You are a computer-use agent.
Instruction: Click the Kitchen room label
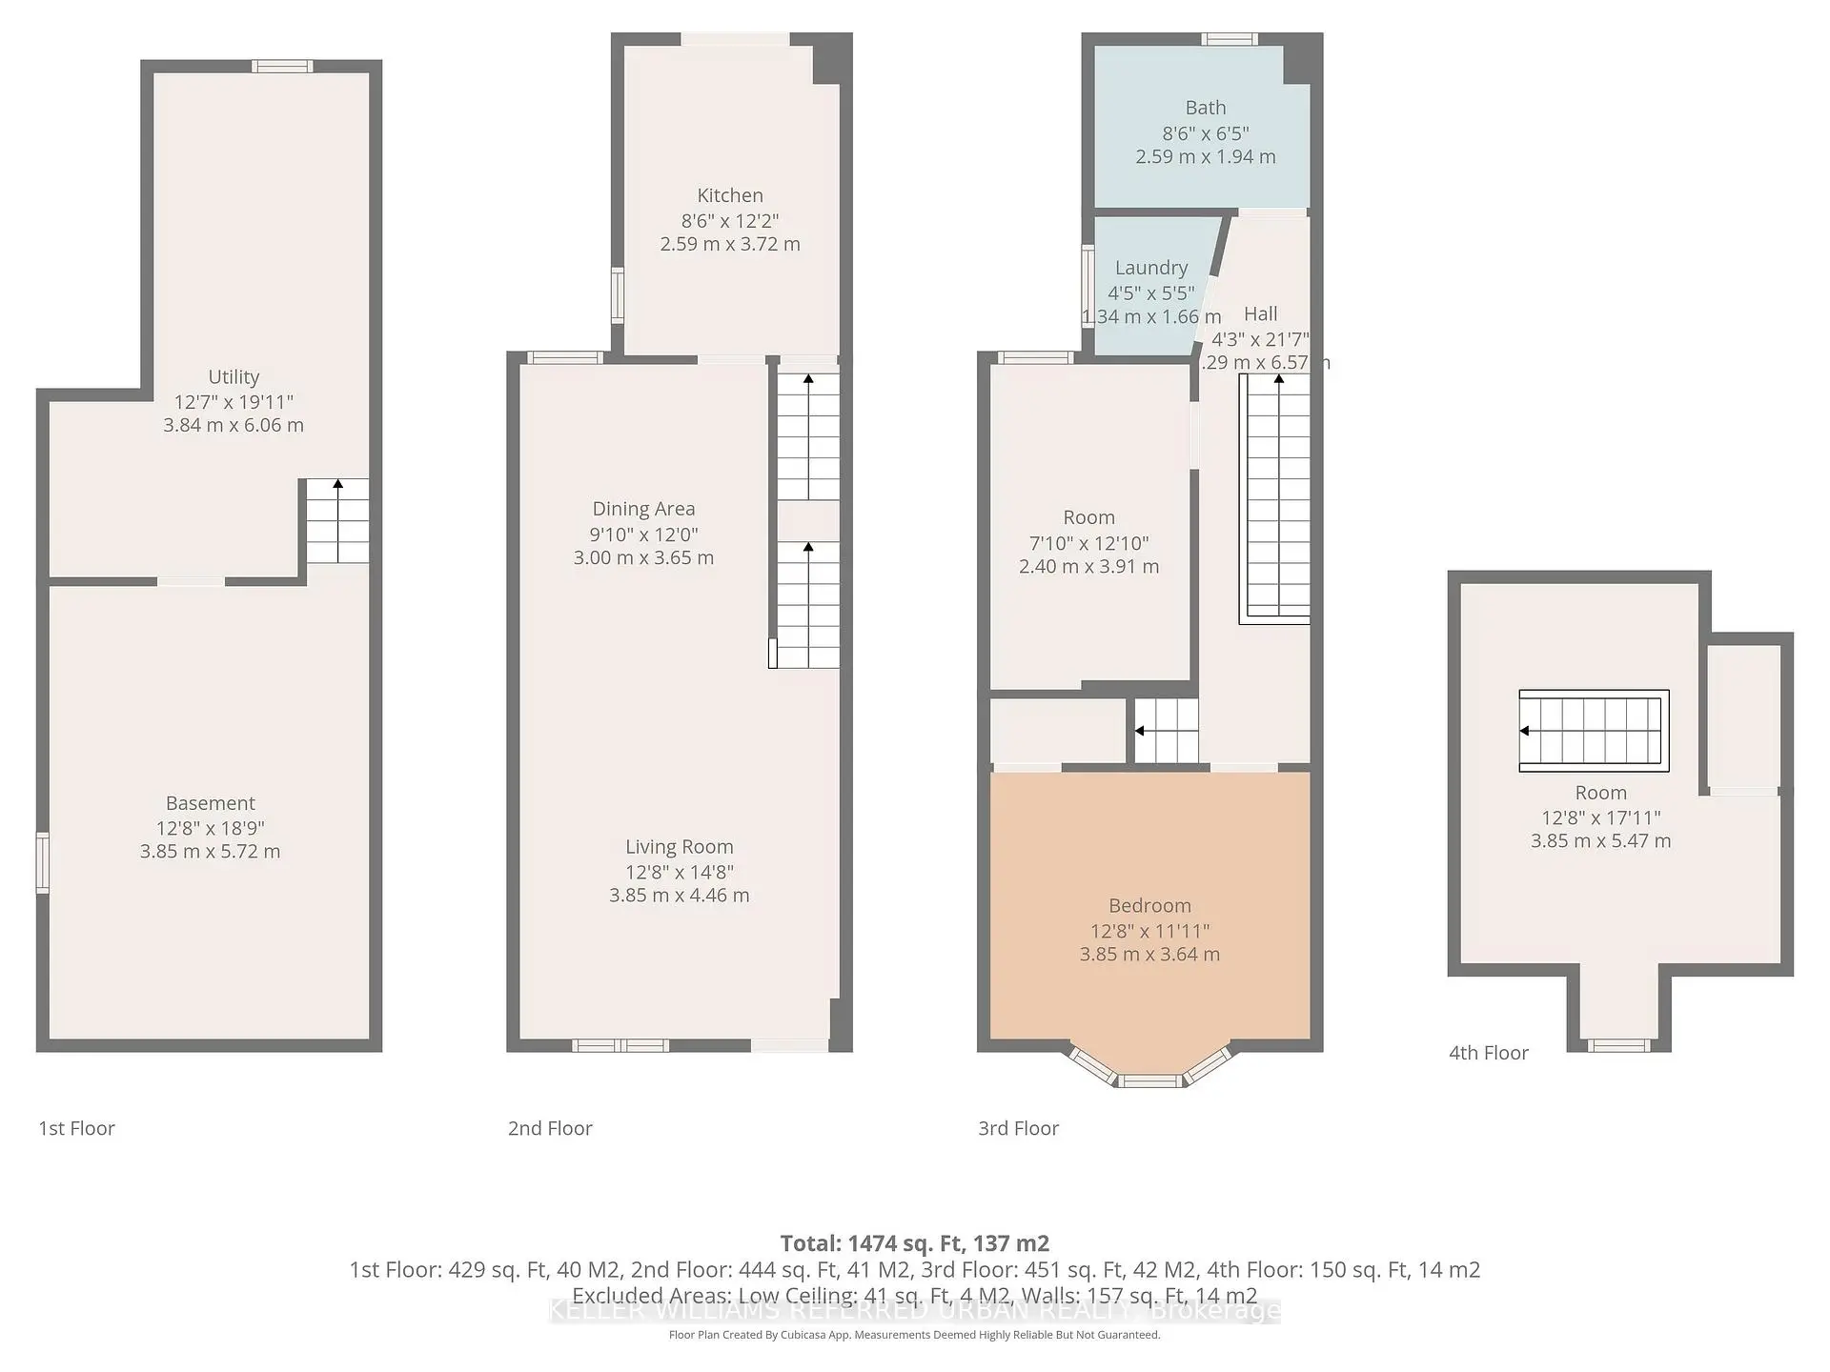(x=730, y=195)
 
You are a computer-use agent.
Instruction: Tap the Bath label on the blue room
(x=1205, y=108)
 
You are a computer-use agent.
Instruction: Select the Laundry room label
(x=1150, y=268)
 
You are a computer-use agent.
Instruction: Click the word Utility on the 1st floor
(x=234, y=376)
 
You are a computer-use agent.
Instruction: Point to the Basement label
(x=210, y=803)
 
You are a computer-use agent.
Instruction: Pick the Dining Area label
(x=643, y=509)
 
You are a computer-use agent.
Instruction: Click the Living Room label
(x=679, y=846)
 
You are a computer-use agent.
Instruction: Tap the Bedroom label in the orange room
(x=1149, y=905)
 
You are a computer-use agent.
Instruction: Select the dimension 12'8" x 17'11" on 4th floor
(x=1600, y=817)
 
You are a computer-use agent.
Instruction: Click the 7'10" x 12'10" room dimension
(x=1088, y=543)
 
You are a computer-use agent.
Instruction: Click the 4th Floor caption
(x=1488, y=1053)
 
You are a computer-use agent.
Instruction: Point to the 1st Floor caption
(x=76, y=1128)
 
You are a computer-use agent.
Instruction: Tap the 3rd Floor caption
(x=1018, y=1128)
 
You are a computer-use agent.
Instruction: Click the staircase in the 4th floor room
(x=1593, y=730)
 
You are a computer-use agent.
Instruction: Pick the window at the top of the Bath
(x=1229, y=39)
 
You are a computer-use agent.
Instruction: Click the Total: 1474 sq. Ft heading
(x=914, y=1243)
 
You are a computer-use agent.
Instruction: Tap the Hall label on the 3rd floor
(x=1260, y=313)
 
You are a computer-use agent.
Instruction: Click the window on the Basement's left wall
(x=42, y=862)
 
